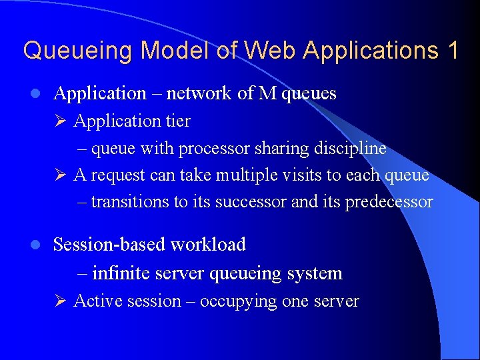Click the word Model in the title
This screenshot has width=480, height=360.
(173, 51)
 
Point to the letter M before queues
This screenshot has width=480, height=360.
(267, 93)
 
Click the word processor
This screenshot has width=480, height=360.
(213, 149)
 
